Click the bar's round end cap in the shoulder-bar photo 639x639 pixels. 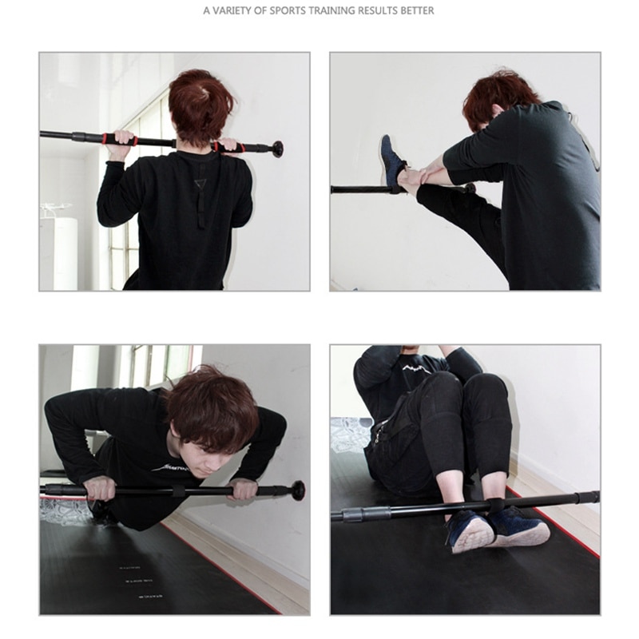click(277, 149)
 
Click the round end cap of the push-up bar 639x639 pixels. click(297, 490)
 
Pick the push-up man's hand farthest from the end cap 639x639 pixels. click(101, 487)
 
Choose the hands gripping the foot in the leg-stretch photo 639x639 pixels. click(423, 172)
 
